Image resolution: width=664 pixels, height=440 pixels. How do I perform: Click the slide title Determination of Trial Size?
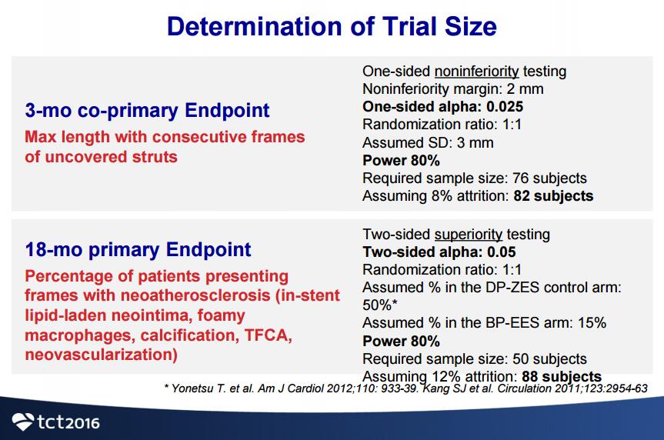pos(332,26)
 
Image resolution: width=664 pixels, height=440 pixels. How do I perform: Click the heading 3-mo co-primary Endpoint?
pos(147,110)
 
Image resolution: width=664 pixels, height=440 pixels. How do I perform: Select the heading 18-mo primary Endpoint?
pos(138,249)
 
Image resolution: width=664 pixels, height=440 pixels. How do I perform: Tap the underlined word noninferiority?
pos(476,72)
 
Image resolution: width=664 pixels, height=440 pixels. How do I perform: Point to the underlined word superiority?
pos(469,234)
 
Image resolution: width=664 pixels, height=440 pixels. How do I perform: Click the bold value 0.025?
pos(505,107)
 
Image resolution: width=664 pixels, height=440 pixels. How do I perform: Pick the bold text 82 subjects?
pos(553,196)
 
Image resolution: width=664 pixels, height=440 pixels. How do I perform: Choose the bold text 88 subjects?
pos(562,376)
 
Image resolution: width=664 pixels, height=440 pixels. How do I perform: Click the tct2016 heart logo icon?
pos(23,422)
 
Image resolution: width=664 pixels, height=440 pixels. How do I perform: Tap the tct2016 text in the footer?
pos(68,422)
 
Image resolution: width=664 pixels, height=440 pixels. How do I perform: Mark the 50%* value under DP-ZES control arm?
pos(380,305)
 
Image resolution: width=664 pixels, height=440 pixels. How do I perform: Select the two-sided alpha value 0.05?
pos(502,252)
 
